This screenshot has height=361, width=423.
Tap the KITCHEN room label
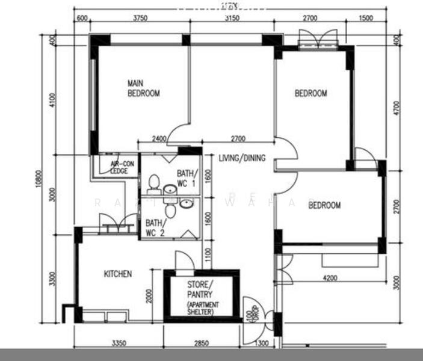pyautogui.click(x=118, y=274)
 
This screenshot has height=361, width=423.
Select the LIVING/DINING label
pyautogui.click(x=242, y=158)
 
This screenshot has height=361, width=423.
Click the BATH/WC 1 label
pyautogui.click(x=186, y=178)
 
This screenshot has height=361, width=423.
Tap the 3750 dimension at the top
pyautogui.click(x=140, y=19)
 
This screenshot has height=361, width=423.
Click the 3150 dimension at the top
pyautogui.click(x=232, y=19)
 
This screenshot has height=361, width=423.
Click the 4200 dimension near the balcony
pyautogui.click(x=330, y=278)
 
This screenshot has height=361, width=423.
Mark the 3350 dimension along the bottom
pyautogui.click(x=118, y=344)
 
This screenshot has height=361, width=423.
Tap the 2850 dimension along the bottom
pyautogui.click(x=202, y=344)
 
